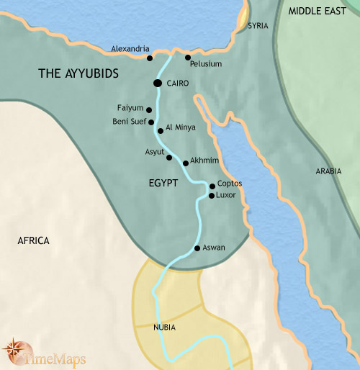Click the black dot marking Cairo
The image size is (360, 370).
(157, 84)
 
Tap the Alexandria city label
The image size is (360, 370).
(130, 49)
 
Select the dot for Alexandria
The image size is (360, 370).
(150, 58)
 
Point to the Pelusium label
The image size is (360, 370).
(206, 64)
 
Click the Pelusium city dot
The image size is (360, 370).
(188, 57)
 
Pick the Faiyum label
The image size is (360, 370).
(130, 108)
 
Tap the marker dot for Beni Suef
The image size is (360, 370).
(151, 122)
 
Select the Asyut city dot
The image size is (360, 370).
(169, 158)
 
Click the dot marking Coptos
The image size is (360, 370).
(212, 186)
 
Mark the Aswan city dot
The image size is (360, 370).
(197, 248)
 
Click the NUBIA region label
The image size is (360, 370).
(165, 328)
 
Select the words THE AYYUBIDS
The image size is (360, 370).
(78, 74)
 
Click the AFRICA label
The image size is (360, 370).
(33, 240)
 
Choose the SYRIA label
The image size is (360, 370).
(258, 26)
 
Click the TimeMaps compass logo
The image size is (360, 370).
(14, 351)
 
